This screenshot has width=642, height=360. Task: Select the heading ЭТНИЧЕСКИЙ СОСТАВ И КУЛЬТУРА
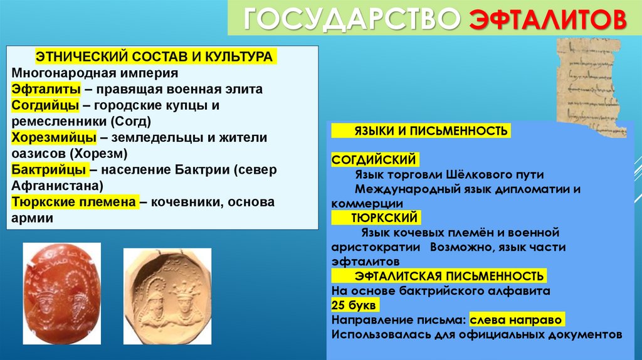[x=154, y=56]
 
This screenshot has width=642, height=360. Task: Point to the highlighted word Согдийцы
[x=45, y=105]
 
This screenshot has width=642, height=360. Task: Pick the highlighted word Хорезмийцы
[x=53, y=137]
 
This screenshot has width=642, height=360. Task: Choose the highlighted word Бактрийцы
[x=50, y=170]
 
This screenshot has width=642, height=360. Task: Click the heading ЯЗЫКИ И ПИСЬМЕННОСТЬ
[x=421, y=131]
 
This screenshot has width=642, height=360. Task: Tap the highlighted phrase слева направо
[x=517, y=319]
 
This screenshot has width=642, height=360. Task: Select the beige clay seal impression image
[x=167, y=295]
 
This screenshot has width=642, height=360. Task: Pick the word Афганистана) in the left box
[x=52, y=186]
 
